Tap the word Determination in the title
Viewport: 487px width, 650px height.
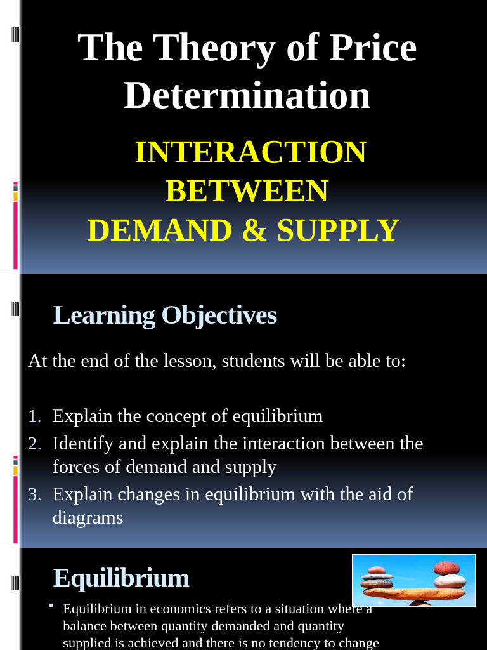pyautogui.click(x=247, y=95)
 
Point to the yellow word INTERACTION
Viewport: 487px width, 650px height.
pyautogui.click(x=250, y=152)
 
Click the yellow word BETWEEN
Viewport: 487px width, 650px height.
pyautogui.click(x=247, y=191)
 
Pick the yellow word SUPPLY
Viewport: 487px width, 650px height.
pyautogui.click(x=338, y=230)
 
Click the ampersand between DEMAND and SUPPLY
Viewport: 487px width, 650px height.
pyautogui.click(x=254, y=230)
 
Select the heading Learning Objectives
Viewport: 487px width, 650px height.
pyautogui.click(x=165, y=315)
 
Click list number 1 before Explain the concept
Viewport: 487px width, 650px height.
pyautogui.click(x=34, y=416)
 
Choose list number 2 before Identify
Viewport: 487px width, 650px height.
pyautogui.click(x=34, y=443)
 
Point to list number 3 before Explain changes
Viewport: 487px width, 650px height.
pyautogui.click(x=34, y=494)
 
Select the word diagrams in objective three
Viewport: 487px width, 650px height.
pyautogui.click(x=88, y=518)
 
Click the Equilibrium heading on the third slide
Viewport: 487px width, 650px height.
pyautogui.click(x=121, y=578)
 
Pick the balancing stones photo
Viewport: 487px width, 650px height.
pyautogui.click(x=413, y=580)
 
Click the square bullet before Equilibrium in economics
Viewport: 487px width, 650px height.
pyautogui.click(x=51, y=606)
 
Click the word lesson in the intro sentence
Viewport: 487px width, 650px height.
pyautogui.click(x=188, y=361)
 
